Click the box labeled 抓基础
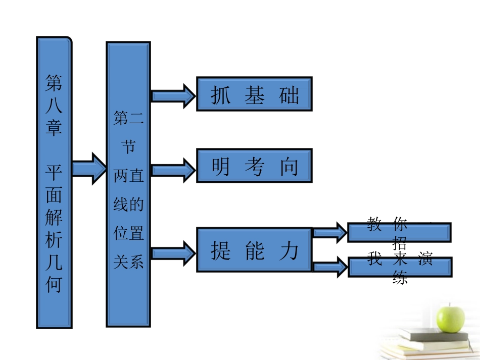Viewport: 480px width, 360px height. [254, 94]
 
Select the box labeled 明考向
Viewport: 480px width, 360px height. [254, 166]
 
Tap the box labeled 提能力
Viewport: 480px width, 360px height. [254, 250]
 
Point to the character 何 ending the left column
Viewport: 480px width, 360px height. [54, 285]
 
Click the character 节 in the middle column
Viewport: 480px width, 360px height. [128, 147]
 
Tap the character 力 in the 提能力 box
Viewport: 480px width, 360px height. [289, 250]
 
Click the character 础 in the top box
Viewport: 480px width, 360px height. [289, 95]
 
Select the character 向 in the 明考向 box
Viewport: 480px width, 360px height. [290, 166]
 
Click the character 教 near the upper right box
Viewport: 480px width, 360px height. [374, 224]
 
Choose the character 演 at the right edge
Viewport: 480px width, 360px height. [425, 259]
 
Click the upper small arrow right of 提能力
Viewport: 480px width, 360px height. [329, 232]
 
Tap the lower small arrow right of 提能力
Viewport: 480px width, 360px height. [329, 266]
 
